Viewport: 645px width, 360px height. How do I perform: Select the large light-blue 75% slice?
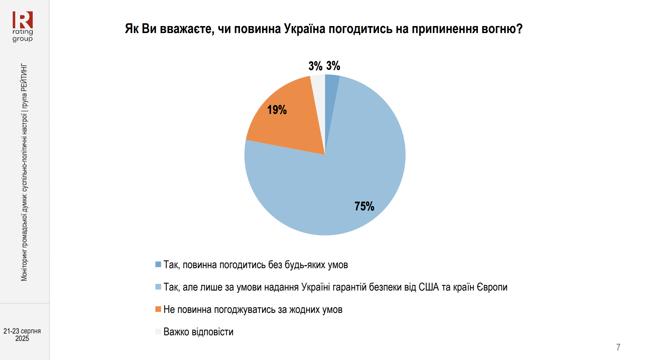click(334, 187)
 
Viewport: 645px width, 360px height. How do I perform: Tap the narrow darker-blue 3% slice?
click(331, 87)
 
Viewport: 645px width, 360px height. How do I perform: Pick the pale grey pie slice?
click(318, 87)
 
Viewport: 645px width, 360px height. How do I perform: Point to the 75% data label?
click(364, 206)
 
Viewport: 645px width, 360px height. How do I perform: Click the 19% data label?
click(277, 110)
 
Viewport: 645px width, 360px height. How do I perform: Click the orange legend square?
click(158, 309)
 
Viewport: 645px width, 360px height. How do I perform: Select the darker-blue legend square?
click(158, 264)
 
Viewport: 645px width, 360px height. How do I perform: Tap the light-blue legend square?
click(158, 287)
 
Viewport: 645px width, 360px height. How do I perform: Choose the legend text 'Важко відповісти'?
click(198, 332)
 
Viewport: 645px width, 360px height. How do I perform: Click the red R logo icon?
click(23, 20)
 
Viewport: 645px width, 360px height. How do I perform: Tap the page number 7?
click(618, 347)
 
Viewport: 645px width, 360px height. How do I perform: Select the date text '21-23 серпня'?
click(22, 331)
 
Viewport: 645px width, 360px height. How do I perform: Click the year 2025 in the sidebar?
click(22, 339)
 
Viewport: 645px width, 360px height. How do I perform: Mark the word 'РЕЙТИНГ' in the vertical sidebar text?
click(24, 77)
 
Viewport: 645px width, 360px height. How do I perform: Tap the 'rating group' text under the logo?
click(23, 35)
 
